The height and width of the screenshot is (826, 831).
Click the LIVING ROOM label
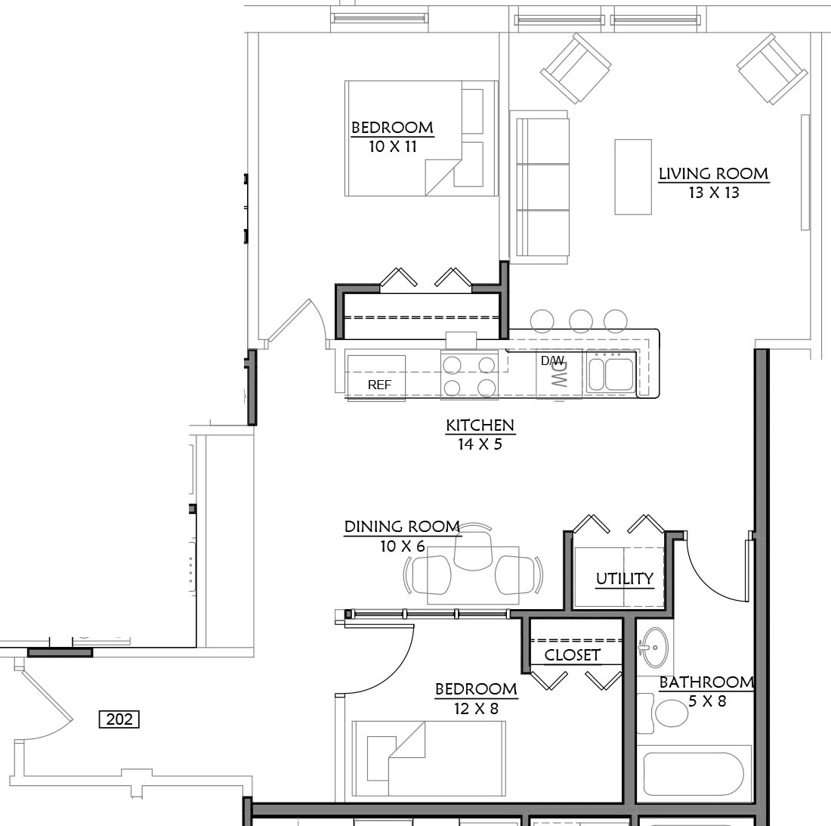pos(713,174)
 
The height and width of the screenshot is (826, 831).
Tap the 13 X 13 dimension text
pos(714,193)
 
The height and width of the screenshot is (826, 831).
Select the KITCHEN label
pos(480,425)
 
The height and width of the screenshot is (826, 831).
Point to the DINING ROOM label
pos(402,527)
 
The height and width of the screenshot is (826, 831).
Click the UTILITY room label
pos(624,578)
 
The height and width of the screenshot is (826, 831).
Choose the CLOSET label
pos(573,655)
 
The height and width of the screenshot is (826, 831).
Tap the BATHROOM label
pos(706,682)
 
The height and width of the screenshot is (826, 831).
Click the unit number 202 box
pos(119,719)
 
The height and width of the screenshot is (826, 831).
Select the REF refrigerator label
pos(379,385)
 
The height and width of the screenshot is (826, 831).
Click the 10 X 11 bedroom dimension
pos(393,147)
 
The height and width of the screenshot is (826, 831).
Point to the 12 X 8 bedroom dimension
pos(476,708)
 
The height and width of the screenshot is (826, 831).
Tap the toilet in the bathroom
pos(663,713)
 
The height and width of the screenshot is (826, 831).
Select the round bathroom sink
pos(655,648)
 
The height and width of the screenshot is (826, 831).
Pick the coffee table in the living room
pos(633,177)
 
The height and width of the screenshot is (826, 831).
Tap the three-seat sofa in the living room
pos(539,187)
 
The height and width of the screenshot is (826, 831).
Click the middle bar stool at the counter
pos(581,320)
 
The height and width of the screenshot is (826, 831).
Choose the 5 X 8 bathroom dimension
pos(707,701)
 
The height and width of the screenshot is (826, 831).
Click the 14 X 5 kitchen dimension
pos(480,444)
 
